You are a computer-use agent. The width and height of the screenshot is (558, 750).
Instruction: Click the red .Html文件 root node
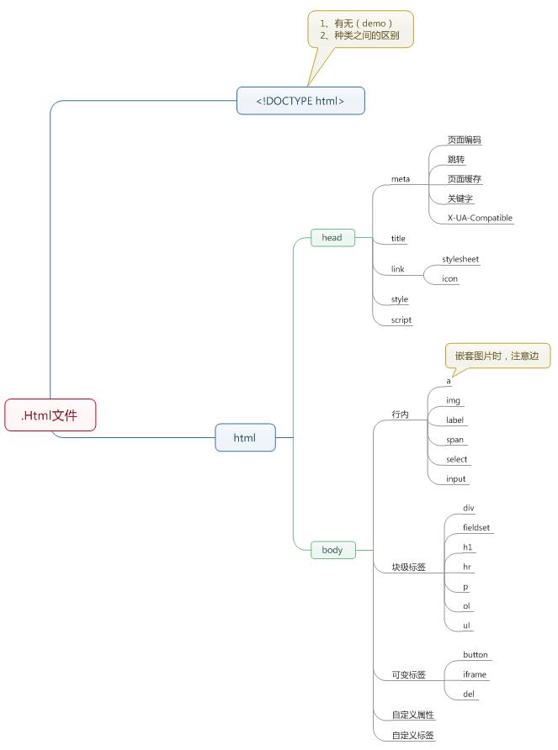50,415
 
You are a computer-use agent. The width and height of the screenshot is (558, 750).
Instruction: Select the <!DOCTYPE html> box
300,101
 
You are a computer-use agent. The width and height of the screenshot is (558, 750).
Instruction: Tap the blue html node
245,437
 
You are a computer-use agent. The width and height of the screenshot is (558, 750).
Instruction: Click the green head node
332,238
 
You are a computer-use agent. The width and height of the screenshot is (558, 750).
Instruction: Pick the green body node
332,550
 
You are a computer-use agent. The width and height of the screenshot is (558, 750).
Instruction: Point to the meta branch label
401,179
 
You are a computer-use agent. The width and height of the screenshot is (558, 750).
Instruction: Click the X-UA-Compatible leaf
480,218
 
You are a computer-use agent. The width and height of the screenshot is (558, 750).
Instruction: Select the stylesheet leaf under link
460,259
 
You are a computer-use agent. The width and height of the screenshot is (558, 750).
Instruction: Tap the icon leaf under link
450,278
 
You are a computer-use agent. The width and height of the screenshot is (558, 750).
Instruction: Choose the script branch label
401,320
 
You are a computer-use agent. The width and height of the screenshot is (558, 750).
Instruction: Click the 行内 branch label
400,415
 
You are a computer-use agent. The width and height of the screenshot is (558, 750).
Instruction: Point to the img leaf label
453,400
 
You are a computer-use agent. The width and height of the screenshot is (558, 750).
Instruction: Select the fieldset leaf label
476,528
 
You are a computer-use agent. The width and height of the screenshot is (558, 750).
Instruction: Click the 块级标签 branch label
408,567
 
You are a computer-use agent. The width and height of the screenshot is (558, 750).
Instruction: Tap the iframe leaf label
475,674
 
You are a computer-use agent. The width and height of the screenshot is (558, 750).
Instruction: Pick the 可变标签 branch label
408,675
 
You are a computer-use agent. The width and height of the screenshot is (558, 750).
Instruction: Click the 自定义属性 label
412,715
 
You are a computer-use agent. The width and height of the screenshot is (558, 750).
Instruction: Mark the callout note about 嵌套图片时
497,356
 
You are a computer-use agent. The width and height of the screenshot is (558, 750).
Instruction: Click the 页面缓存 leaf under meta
465,179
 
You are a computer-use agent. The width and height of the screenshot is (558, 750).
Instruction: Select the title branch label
398,239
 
